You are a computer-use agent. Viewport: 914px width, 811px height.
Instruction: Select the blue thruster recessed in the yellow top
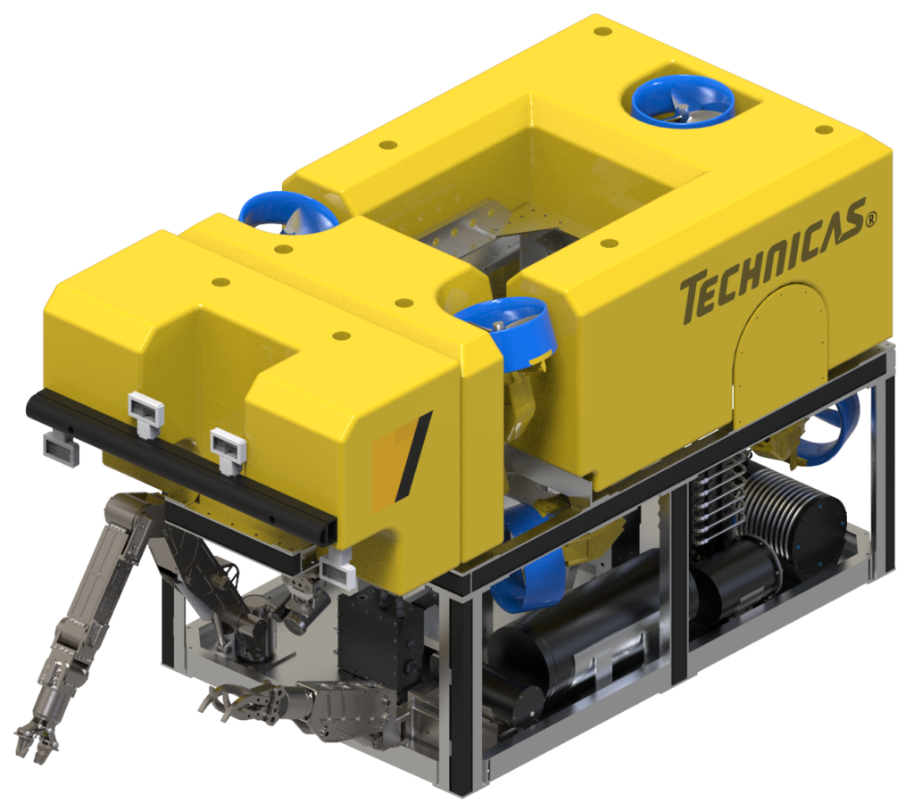(683, 101)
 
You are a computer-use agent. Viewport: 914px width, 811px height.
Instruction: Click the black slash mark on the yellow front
(412, 454)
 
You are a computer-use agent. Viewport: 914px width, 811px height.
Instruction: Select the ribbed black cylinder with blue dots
(794, 523)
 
